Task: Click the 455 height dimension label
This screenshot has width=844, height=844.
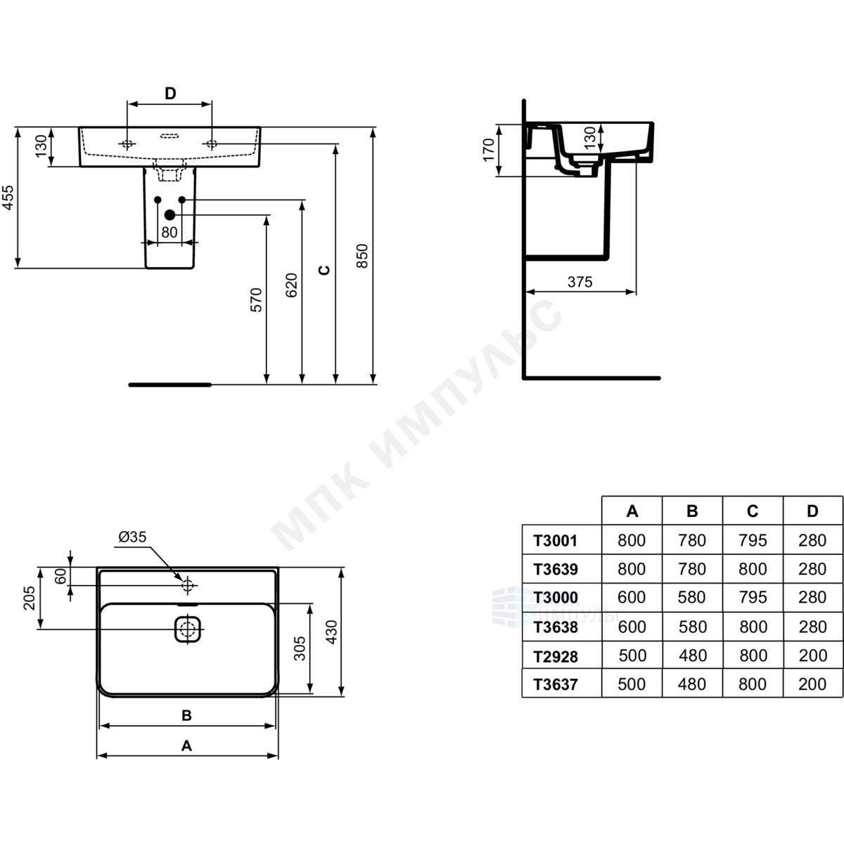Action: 8,198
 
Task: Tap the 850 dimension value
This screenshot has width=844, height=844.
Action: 362,256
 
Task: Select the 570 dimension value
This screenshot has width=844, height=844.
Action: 256,300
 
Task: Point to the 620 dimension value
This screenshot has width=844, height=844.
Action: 291,285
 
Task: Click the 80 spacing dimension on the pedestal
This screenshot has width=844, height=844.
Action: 170,232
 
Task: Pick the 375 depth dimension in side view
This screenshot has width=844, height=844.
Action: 580,281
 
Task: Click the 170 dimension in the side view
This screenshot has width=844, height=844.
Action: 488,150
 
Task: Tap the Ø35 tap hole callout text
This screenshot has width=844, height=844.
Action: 132,537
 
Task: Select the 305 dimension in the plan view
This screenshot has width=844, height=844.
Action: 300,648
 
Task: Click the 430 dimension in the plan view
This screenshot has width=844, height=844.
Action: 331,632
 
